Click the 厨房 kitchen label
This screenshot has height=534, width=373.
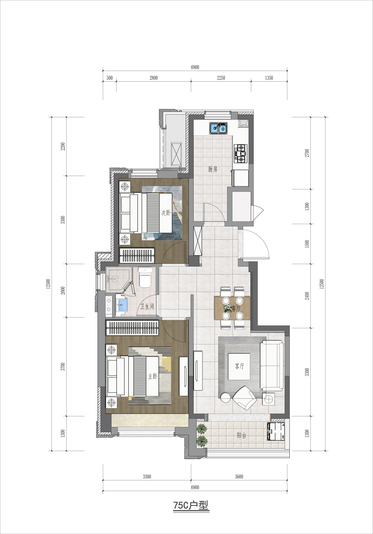[213, 169]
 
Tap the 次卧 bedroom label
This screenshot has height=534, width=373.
[166, 213]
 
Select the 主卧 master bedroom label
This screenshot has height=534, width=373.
[153, 376]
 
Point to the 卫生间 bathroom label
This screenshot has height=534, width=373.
[147, 307]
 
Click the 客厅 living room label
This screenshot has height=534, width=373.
[240, 366]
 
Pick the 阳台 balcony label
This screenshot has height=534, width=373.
[241, 435]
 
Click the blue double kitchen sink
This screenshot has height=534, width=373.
[219, 128]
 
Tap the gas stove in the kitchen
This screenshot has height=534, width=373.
[241, 153]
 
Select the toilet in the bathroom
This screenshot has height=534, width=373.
[145, 277]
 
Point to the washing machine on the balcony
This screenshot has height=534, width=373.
[276, 431]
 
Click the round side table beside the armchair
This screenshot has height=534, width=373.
[226, 397]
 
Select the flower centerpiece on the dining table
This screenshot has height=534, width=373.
[228, 308]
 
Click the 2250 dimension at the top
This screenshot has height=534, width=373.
[221, 78]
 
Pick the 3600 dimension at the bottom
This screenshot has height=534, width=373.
[239, 477]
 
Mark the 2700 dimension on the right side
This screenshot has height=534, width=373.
[307, 153]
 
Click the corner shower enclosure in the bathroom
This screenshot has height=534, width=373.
[119, 279]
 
